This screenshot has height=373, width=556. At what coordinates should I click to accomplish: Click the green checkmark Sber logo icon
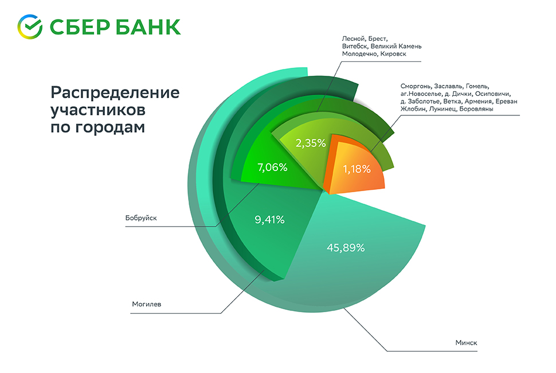(x=30, y=26)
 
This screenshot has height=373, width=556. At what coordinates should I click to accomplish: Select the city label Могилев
(x=147, y=305)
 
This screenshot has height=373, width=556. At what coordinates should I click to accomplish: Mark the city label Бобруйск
(x=141, y=218)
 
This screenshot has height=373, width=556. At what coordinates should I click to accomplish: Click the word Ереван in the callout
(x=506, y=101)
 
